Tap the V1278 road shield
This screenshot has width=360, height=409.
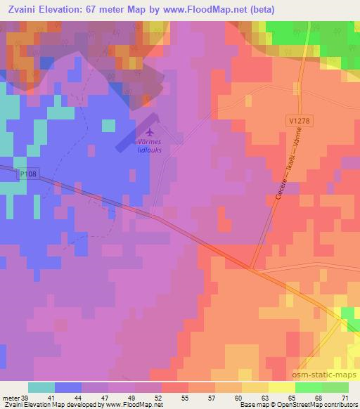click(x=299, y=121)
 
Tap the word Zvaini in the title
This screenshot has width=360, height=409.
click(x=23, y=9)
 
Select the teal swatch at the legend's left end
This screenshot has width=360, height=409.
click(x=41, y=387)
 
